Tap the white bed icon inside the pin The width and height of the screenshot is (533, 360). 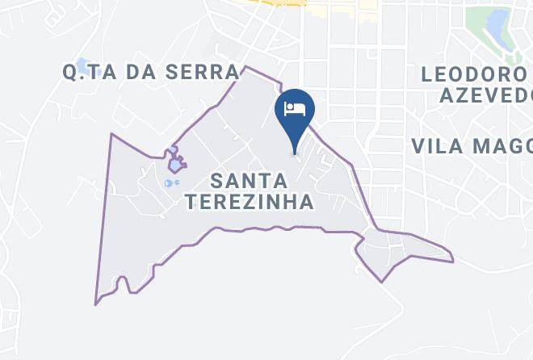coord(294,107)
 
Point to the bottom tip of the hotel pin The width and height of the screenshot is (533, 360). coord(294,153)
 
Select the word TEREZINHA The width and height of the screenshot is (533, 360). coord(249,202)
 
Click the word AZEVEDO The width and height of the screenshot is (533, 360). coord(485,96)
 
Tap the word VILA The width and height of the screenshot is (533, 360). coord(440,146)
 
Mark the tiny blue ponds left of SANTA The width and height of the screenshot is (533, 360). coord(170,183)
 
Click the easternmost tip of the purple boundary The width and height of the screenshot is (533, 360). coord(453,261)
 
